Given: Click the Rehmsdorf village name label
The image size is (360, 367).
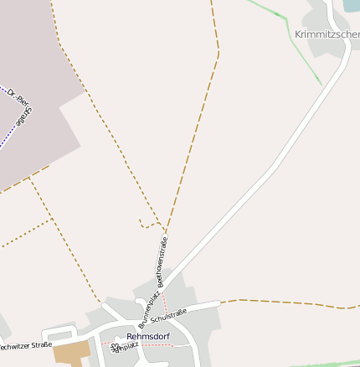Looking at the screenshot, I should [x=148, y=337].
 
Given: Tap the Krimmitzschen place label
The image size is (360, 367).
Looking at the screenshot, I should [x=327, y=34].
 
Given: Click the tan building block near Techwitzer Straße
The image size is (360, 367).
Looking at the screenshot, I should [x=71, y=353].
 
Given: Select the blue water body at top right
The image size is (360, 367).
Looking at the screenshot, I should [x=351, y=5].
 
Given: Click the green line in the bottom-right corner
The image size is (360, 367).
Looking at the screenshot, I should [x=327, y=363].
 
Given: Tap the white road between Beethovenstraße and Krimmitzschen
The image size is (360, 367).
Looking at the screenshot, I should [x=251, y=193].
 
